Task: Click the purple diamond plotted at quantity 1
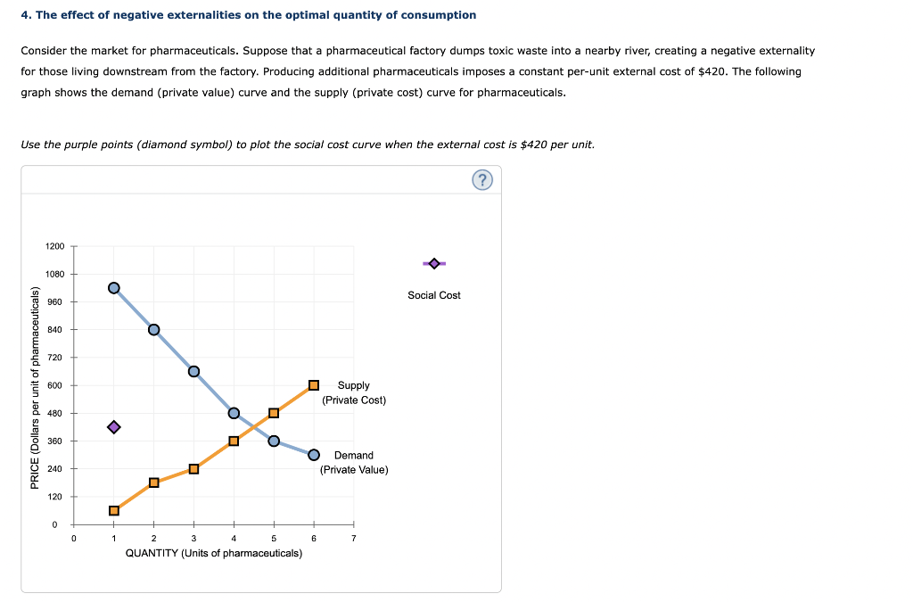coord(113,427)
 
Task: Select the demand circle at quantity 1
coord(113,287)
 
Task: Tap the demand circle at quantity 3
coord(193,371)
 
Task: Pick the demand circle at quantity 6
coord(314,455)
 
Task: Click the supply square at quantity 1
coord(113,510)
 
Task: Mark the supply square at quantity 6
coord(314,385)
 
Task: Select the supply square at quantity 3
coord(193,469)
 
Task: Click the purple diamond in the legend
coord(434,263)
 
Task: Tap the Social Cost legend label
coord(434,295)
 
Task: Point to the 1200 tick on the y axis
coord(56,246)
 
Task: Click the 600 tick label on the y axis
coord(56,385)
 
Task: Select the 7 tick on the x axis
coord(354,539)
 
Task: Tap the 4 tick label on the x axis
coord(234,539)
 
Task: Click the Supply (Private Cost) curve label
coord(354,392)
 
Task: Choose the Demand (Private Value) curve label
coord(354,462)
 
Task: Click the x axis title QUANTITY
coord(214,553)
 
